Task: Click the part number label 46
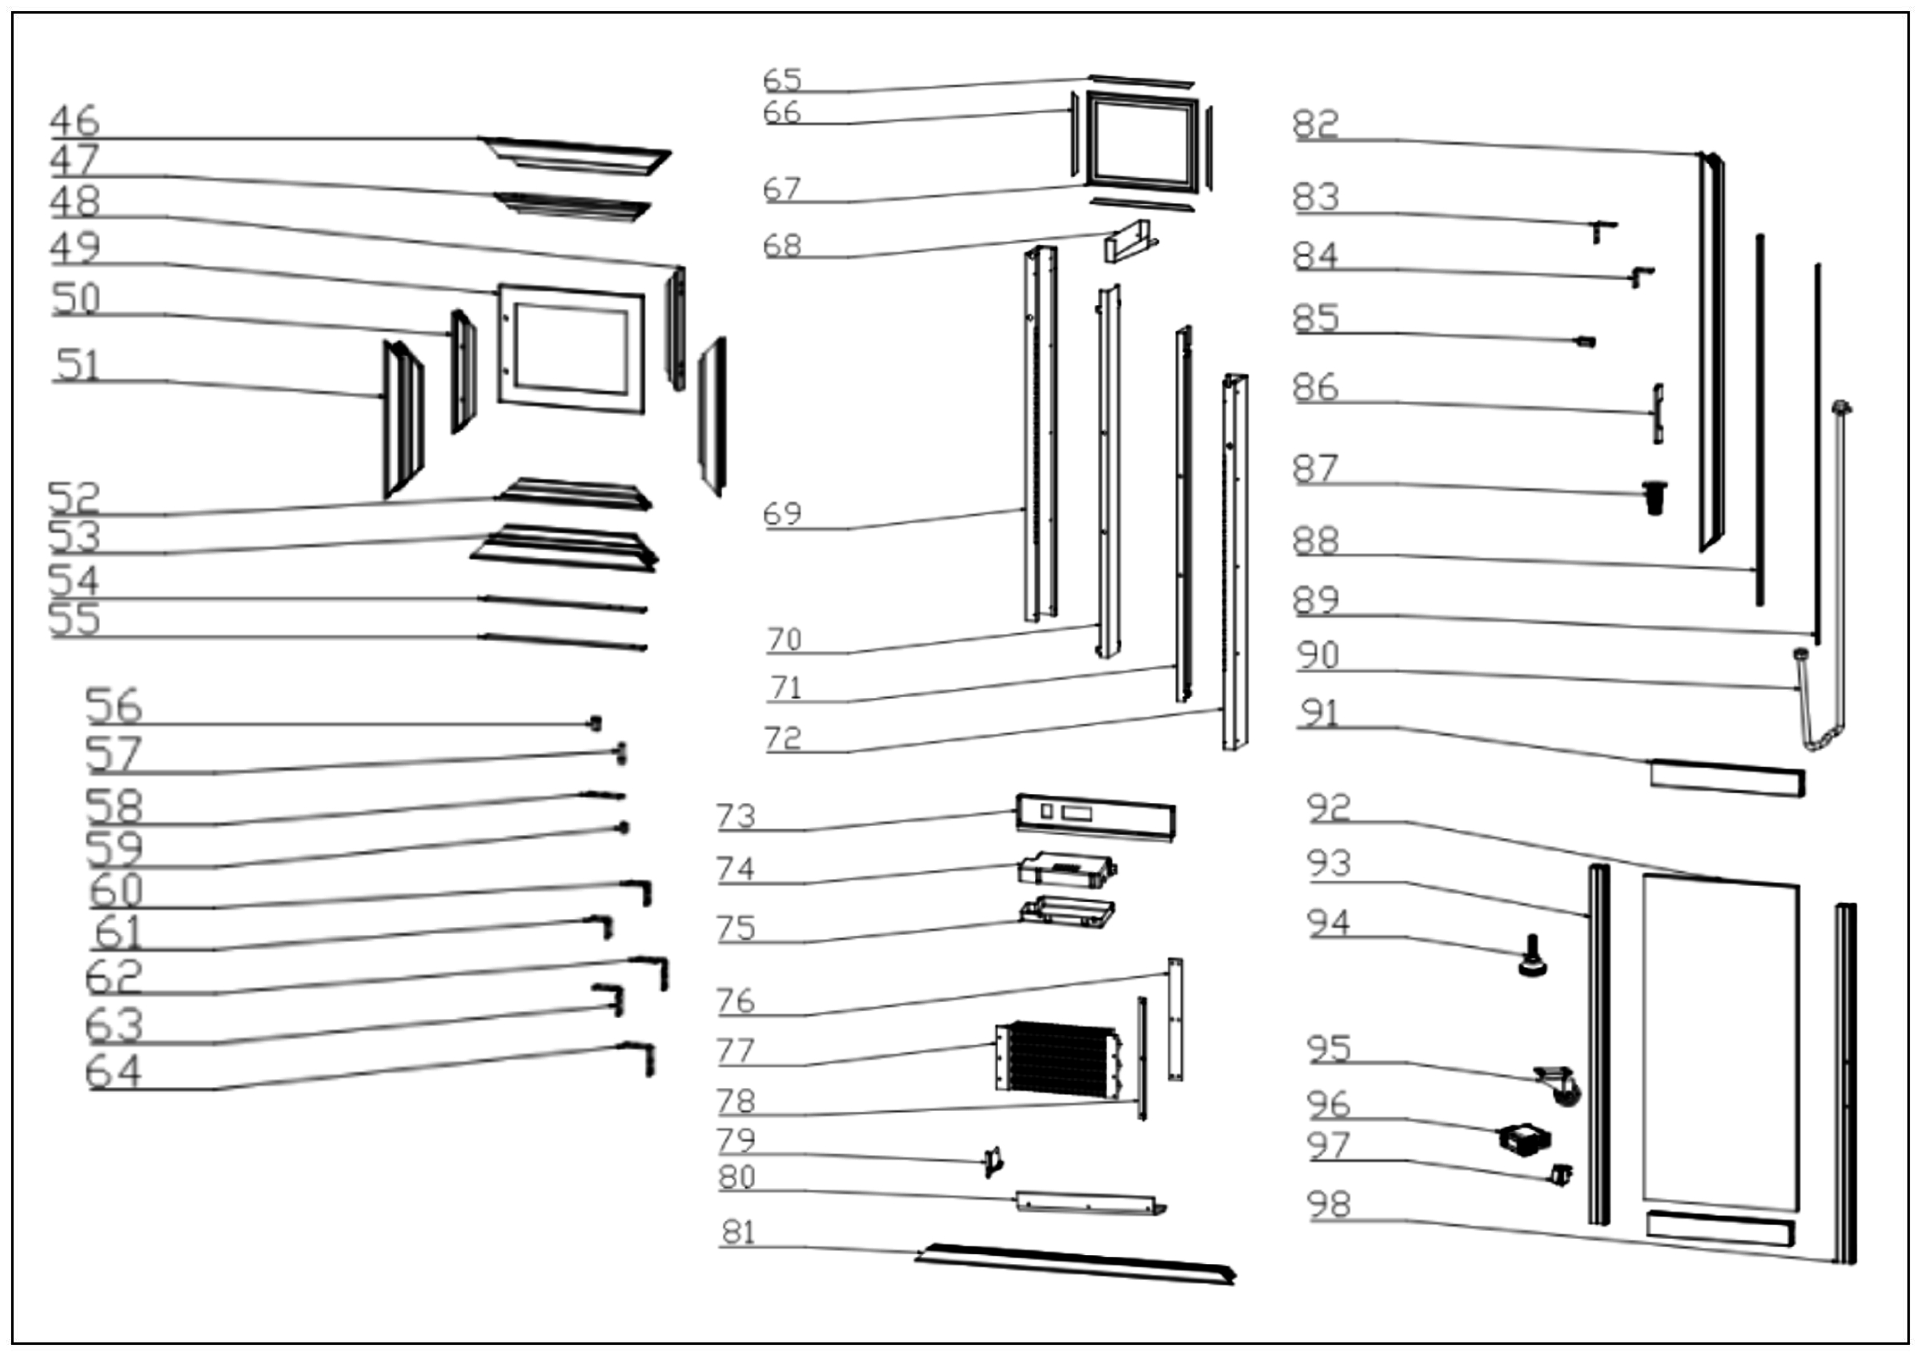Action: click(x=74, y=122)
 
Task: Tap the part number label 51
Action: click(x=78, y=366)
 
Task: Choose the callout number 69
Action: click(x=782, y=514)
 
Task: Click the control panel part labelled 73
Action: click(x=1095, y=815)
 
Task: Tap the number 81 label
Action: click(x=739, y=1232)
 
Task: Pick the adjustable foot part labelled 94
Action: click(x=1532, y=958)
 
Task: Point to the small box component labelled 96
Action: click(x=1526, y=1139)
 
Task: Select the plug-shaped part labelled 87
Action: click(x=1654, y=497)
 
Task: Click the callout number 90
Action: click(x=1317, y=655)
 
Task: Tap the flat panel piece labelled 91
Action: click(x=1726, y=778)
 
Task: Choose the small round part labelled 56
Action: click(x=596, y=723)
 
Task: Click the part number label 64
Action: click(x=114, y=1072)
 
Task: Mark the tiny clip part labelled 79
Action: click(x=993, y=1161)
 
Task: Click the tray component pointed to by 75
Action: click(x=1067, y=913)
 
